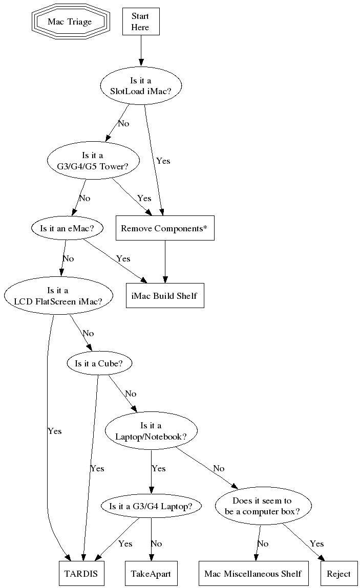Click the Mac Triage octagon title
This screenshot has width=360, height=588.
point(70,21)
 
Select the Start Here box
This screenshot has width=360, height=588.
point(140,21)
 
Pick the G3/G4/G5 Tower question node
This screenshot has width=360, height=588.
point(93,161)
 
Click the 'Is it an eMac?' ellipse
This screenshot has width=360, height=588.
point(67,229)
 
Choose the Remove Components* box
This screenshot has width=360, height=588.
point(164,228)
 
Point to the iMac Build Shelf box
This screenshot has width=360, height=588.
point(164,295)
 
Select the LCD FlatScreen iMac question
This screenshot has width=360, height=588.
point(58,296)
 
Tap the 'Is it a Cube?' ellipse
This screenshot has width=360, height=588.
point(99,363)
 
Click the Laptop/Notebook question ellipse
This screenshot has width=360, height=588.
point(151,431)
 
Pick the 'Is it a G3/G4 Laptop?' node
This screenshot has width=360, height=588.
point(151,506)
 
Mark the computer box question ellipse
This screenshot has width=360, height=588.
point(262,506)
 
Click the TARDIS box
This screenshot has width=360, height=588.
point(81,574)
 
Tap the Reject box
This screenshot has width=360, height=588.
point(338,574)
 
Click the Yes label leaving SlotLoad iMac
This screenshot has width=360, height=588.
point(163,161)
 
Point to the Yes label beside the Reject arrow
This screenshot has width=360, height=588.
point(316,543)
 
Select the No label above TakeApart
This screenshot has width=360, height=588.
point(156,543)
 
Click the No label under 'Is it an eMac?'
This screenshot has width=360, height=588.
point(68,258)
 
